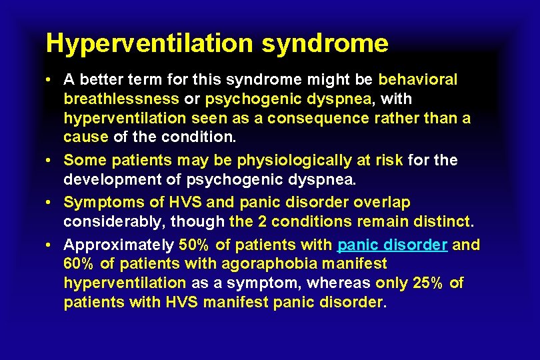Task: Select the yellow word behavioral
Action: pos(418,80)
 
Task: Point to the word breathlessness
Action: pos(121,99)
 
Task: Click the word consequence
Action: pos(327,118)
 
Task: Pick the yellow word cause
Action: pos(85,137)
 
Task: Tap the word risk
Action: pos(390,161)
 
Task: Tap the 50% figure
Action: pos(193,245)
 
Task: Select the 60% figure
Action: pos(78,264)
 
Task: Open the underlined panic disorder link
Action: pos(393,245)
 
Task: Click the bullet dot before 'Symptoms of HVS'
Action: pos(51,202)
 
